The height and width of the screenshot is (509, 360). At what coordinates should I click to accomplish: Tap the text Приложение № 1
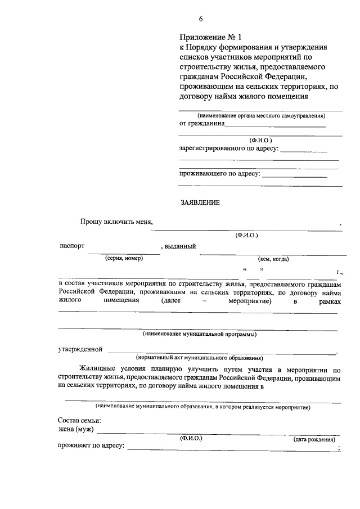(x=206, y=38)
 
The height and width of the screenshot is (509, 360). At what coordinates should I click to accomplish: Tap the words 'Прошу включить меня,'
(x=116, y=222)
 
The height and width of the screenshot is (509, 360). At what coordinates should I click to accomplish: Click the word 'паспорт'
(x=72, y=246)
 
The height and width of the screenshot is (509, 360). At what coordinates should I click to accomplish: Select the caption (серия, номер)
(x=124, y=258)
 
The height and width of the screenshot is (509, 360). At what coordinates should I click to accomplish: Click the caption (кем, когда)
(x=273, y=259)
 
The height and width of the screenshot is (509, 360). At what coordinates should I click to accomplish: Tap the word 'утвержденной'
(x=80, y=349)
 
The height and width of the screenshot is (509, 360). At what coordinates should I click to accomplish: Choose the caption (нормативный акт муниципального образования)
(x=199, y=358)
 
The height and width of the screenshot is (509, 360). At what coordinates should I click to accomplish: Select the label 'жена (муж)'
(x=76, y=430)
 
